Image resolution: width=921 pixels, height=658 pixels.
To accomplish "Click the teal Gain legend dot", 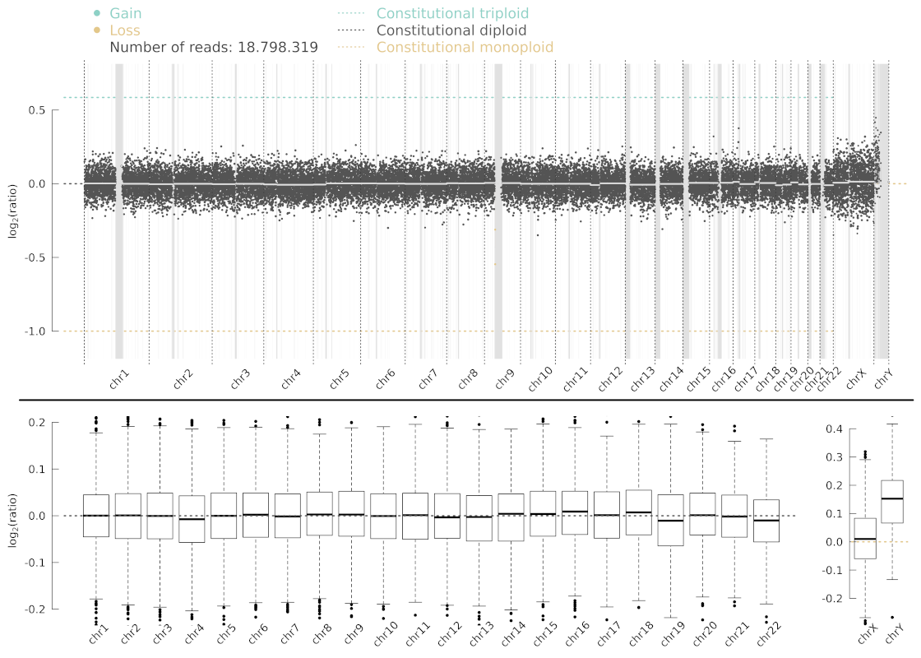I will (97, 14).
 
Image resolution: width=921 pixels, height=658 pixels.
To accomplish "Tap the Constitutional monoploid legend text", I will (465, 48).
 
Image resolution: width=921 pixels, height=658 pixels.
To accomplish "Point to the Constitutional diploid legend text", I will (451, 30).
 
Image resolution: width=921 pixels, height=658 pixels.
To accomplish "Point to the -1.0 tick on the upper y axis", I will (37, 331).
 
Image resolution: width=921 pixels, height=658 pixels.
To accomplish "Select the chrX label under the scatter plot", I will (857, 378).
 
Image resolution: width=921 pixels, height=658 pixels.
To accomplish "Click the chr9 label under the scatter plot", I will (505, 379).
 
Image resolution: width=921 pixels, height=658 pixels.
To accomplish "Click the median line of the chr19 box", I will (670, 521).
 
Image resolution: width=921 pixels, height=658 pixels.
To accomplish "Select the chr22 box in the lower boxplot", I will (766, 521).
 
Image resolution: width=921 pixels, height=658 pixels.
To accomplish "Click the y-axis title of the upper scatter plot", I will (13, 220).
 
